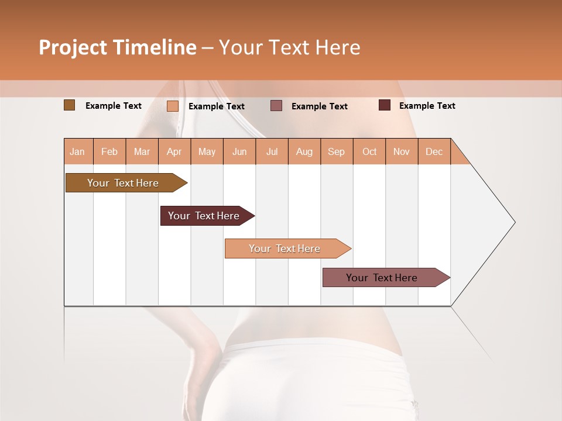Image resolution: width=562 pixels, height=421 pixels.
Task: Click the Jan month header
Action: [x=78, y=151]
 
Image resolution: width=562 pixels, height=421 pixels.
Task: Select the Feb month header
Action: [x=109, y=151]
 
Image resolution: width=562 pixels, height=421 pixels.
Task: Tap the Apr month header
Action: [x=174, y=151]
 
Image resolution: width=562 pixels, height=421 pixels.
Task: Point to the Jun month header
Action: [x=239, y=151]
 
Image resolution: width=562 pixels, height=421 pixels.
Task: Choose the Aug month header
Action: [x=304, y=151]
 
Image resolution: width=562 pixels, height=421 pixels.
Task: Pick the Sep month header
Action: [x=337, y=151]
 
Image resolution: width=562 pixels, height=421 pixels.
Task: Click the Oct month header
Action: [x=369, y=151]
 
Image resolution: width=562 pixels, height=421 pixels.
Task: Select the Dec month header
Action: [x=434, y=151]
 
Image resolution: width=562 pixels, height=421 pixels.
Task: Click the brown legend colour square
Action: [x=70, y=105]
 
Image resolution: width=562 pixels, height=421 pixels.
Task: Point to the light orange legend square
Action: [x=173, y=106]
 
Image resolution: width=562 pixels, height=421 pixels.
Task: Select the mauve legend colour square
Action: [x=276, y=106]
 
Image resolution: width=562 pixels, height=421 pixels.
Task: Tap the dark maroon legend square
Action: [x=385, y=105]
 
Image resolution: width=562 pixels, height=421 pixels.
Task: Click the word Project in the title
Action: [x=73, y=47]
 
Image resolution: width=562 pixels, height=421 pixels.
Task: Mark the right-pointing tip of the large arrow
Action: [x=514, y=222]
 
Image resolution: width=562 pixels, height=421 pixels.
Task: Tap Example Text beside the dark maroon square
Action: [x=427, y=106]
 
